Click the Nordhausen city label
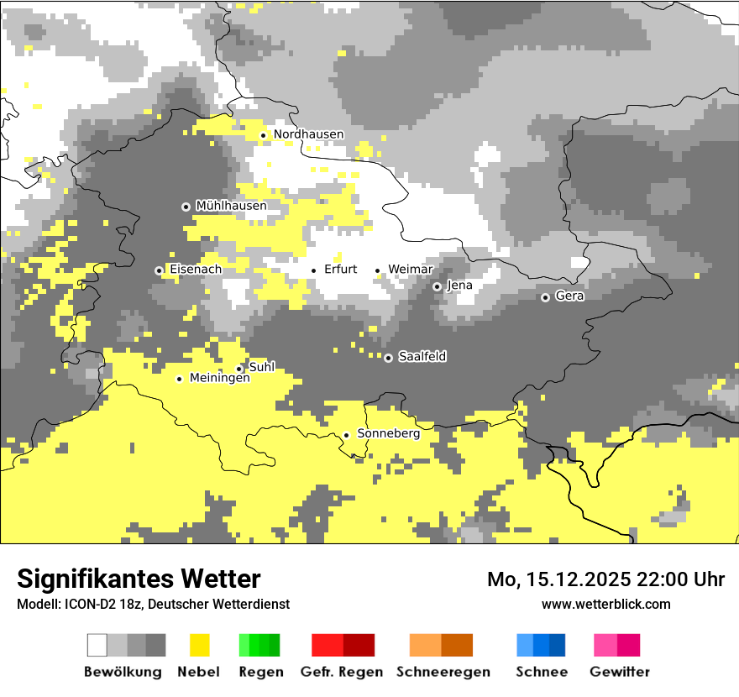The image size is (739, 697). click(308, 134)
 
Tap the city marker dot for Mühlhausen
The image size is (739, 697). click(186, 207)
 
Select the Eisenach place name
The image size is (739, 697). click(196, 270)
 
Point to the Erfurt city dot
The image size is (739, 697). click(314, 270)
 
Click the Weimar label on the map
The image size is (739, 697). click(410, 270)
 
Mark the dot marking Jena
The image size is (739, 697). click(437, 286)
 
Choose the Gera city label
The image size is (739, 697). click(569, 296)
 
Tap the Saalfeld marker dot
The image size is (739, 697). click(388, 358)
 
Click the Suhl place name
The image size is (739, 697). click(262, 367)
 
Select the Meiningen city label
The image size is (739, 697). click(219, 379)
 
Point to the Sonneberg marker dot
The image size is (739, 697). click(346, 435)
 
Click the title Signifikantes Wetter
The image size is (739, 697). click(139, 579)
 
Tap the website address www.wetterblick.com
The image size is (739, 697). click(605, 604)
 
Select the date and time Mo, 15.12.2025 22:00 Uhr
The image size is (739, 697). click(605, 579)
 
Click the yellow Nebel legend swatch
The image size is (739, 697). click(200, 645)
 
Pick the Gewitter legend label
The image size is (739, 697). click(619, 672)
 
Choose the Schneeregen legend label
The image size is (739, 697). click(443, 672)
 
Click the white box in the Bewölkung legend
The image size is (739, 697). click(97, 645)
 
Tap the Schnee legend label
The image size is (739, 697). click(541, 672)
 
